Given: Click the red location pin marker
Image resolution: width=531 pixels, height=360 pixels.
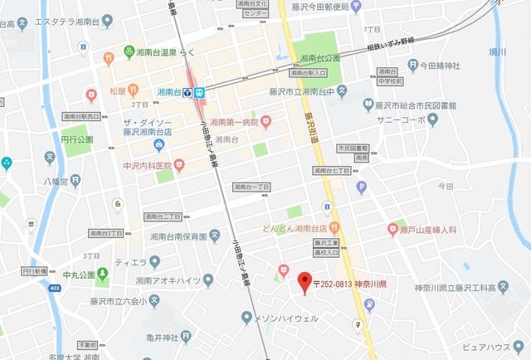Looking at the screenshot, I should click(x=304, y=280).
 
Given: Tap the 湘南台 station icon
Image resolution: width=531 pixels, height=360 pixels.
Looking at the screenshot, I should click(x=189, y=91).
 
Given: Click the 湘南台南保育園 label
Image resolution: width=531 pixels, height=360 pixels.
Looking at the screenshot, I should click(x=178, y=236).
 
